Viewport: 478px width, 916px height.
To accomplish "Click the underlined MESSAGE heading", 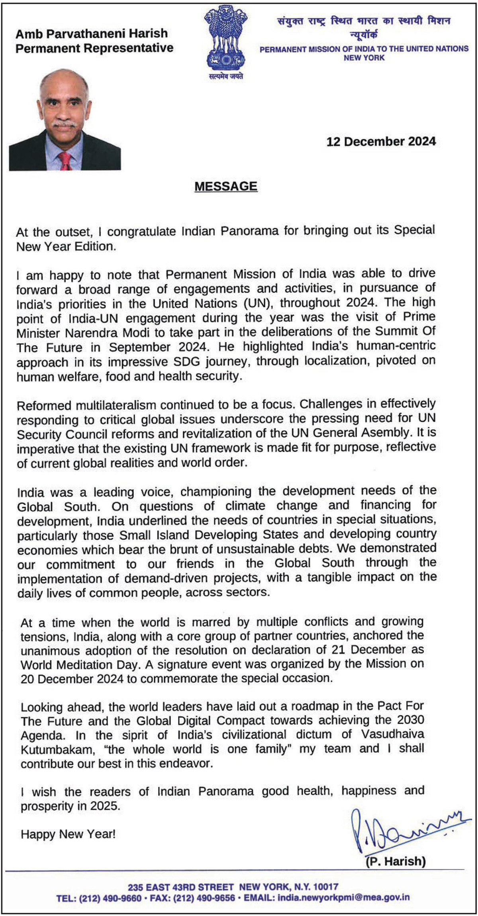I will pos(226,187).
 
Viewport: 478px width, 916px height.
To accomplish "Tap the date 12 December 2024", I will pos(381,142).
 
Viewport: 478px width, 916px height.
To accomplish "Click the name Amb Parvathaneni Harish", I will pos(92,33).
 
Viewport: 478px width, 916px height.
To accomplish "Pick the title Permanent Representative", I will pos(94,48).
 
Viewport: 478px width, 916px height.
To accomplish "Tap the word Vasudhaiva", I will pos(392,734).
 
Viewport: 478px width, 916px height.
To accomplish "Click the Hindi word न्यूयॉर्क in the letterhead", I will pos(364,34).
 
